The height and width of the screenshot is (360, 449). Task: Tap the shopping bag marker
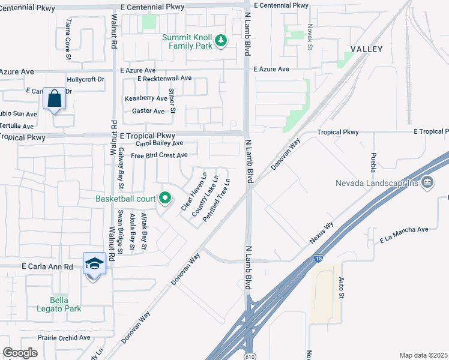[x=54, y=100]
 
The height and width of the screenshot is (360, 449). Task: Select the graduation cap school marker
[x=94, y=263]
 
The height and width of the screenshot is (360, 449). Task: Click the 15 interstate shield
[x=318, y=259]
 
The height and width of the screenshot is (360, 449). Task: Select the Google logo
[x=20, y=353]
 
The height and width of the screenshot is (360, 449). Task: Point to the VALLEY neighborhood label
[x=366, y=49]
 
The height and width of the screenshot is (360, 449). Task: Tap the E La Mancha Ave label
[x=403, y=234]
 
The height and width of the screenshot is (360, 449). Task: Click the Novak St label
[x=310, y=37]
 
